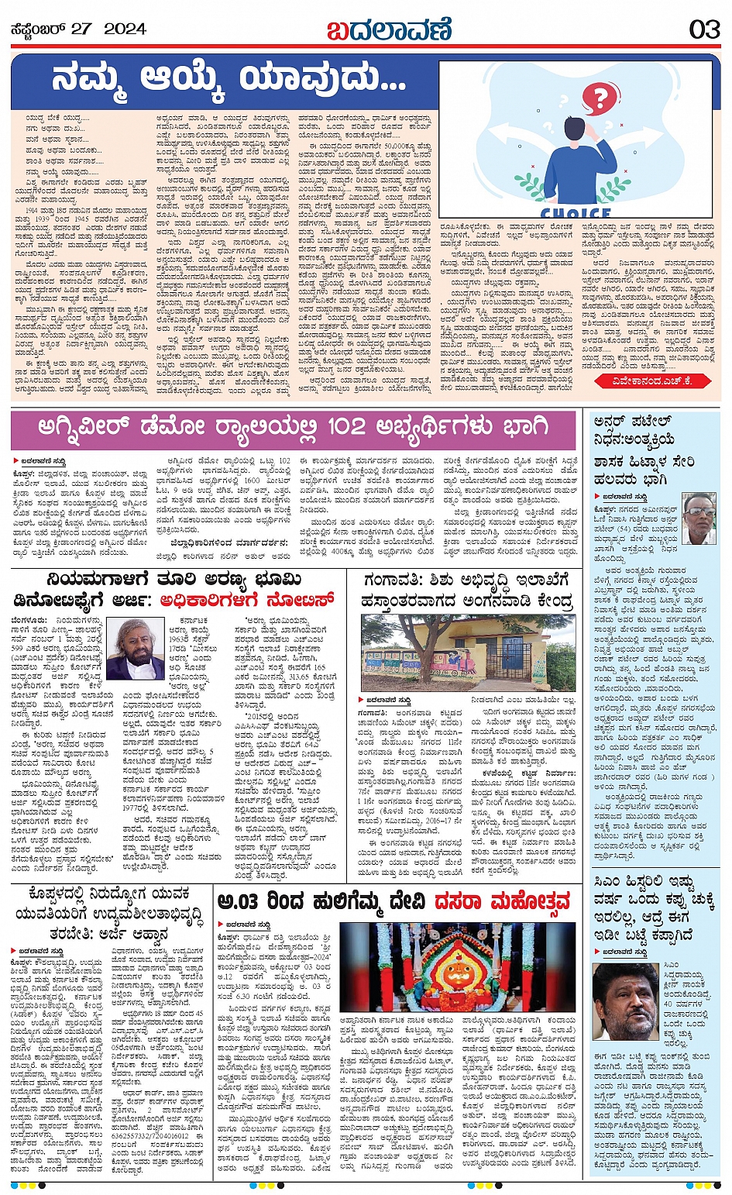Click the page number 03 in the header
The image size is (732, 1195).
click(704, 29)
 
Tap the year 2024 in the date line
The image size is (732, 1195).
click(125, 29)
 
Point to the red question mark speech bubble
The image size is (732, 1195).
click(597, 98)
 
